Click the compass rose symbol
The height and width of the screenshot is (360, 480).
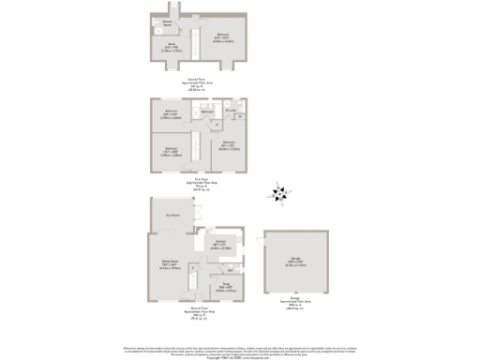click(x=277, y=195)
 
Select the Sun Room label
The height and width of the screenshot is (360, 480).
click(x=172, y=216)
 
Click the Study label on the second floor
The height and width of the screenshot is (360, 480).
click(x=172, y=45)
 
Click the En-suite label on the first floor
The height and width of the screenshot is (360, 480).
click(x=230, y=110)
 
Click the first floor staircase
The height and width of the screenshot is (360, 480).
click(x=195, y=145)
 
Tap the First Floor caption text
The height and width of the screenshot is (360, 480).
click(x=197, y=179)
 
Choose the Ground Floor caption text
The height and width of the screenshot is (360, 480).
click(x=197, y=308)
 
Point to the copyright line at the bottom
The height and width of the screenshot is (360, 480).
click(x=240, y=357)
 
